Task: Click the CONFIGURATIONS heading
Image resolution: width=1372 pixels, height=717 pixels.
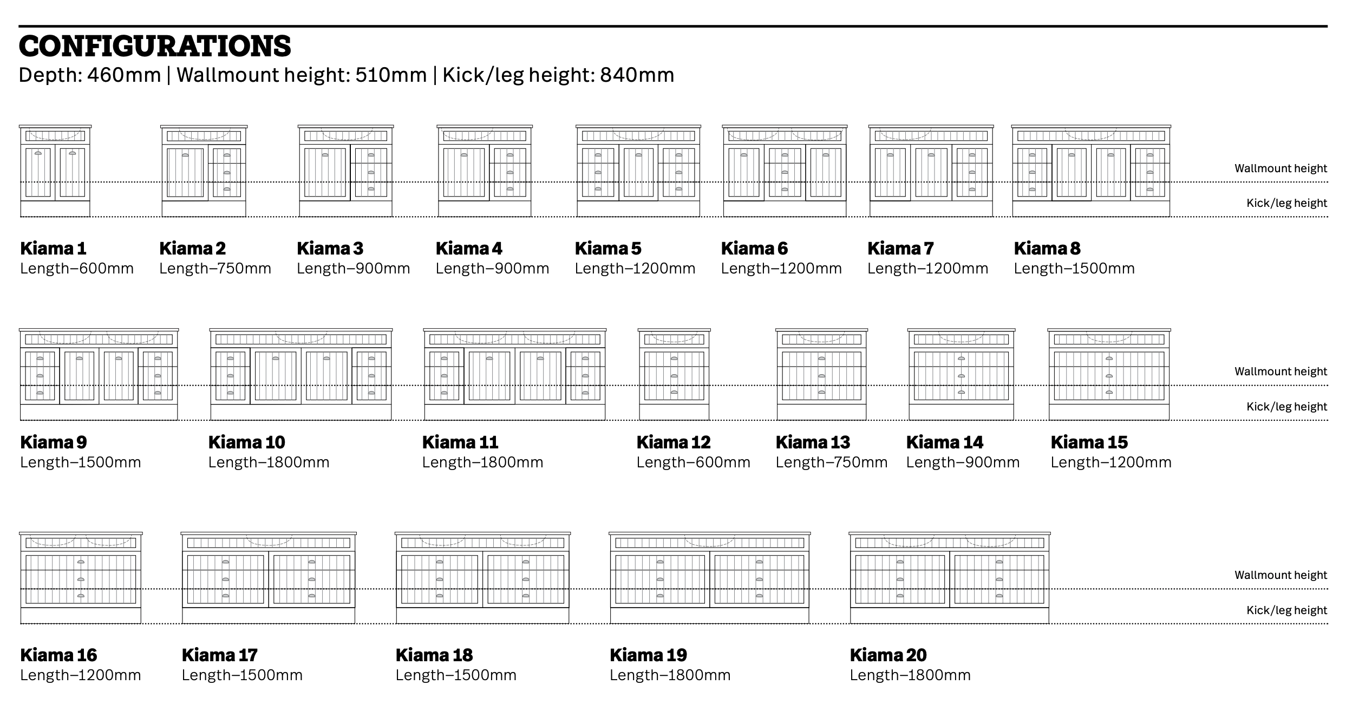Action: click(155, 46)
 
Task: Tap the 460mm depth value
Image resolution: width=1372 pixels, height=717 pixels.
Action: click(124, 75)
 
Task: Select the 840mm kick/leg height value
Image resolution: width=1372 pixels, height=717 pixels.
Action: click(637, 75)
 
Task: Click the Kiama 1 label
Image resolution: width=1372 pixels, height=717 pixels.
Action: click(53, 248)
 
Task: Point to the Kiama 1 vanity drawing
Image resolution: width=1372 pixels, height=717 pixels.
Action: click(55, 171)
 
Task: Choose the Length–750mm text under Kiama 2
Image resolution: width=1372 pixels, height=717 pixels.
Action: click(215, 268)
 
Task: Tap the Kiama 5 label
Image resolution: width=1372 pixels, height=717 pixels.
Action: click(608, 248)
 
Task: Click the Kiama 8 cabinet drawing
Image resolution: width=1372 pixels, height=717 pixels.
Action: click(1091, 171)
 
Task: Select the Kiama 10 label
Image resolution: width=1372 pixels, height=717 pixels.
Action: click(246, 442)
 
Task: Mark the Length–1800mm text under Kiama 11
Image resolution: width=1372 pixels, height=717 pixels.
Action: click(482, 462)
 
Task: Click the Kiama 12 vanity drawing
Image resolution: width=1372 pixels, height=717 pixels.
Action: click(674, 374)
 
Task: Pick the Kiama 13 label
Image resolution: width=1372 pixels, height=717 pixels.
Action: click(813, 442)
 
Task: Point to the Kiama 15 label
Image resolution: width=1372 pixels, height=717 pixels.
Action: click(1089, 442)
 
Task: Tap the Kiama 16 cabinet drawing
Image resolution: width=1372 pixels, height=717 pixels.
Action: click(81, 578)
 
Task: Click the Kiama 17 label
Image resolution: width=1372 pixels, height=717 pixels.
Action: click(219, 655)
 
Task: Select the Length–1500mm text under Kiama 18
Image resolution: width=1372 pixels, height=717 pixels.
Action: click(456, 675)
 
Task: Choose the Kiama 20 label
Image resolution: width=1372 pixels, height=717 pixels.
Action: click(888, 655)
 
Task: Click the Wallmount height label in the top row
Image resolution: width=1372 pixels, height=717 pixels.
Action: click(1280, 168)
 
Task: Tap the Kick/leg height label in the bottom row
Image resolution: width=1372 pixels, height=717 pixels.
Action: click(1286, 610)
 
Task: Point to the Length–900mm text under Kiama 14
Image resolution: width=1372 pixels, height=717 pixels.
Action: click(963, 462)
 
